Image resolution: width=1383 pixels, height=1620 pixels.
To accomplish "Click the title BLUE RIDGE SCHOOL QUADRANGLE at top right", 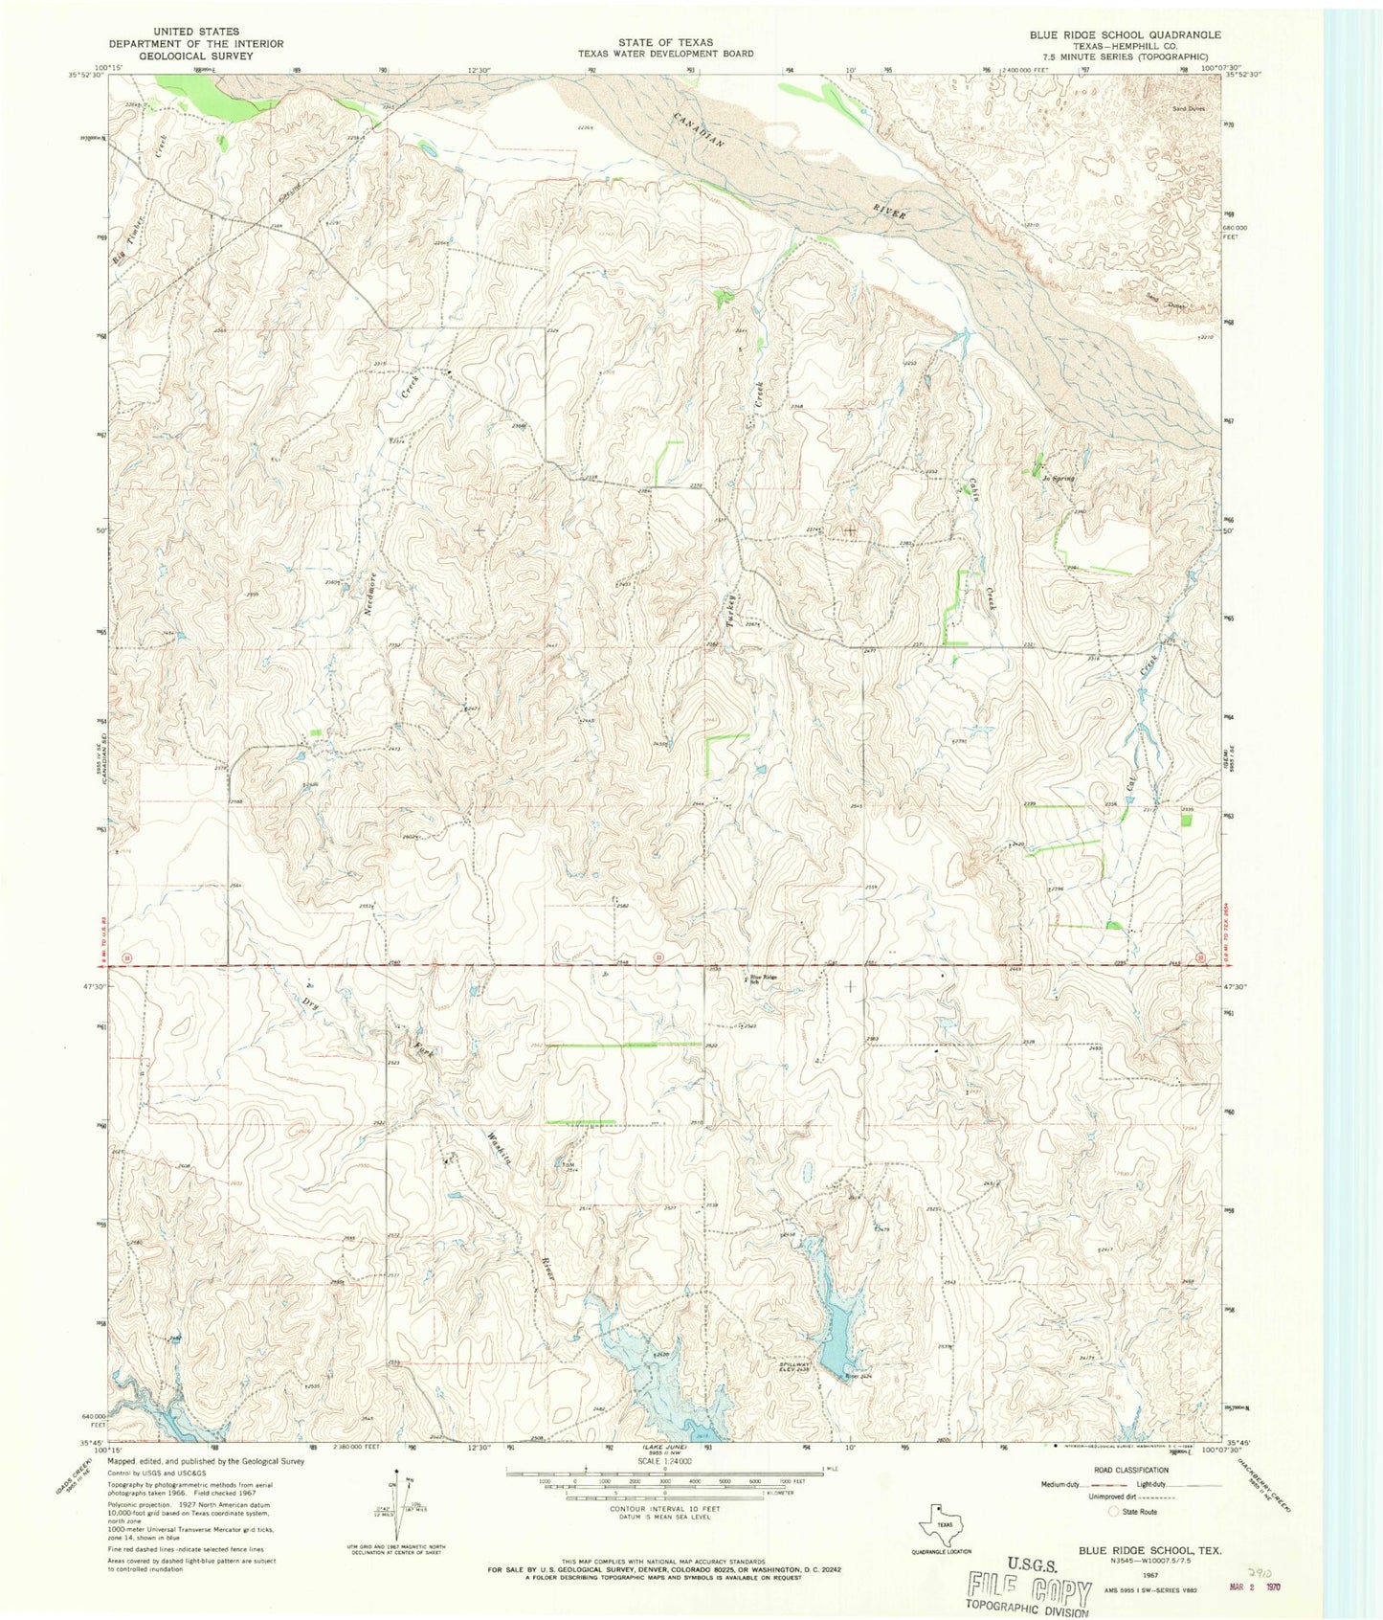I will point(1125,34).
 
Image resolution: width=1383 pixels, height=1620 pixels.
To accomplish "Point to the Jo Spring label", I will point(1059,478).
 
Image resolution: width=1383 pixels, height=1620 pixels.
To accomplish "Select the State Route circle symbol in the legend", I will point(1112,1512).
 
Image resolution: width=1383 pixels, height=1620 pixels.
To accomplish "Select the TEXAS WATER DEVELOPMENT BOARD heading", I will point(664,55).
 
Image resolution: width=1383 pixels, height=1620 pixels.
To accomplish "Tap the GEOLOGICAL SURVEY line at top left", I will point(195,56).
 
